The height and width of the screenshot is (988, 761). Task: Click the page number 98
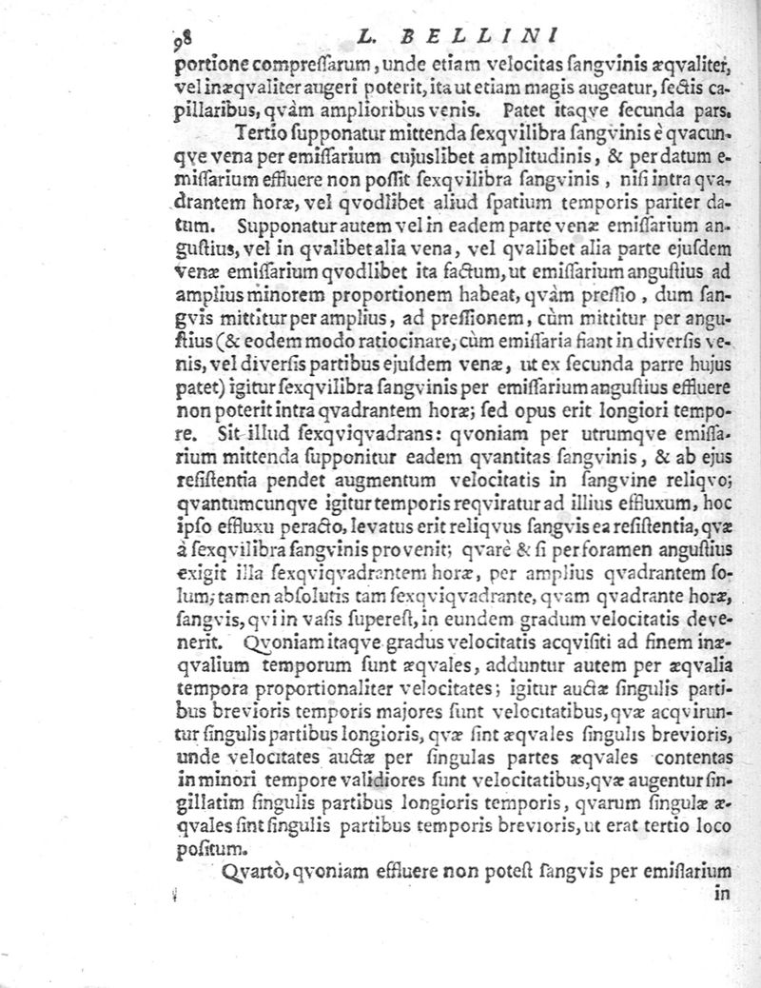[183, 39]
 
